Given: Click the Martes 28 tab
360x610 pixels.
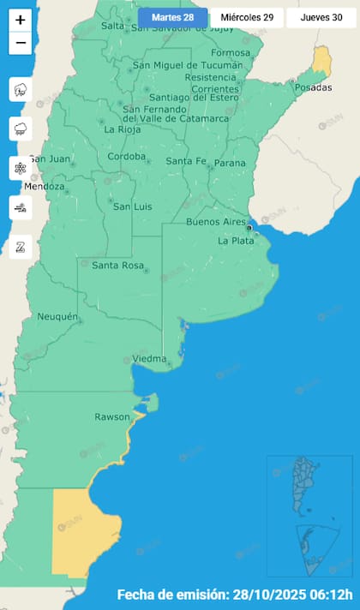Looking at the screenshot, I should [x=172, y=17].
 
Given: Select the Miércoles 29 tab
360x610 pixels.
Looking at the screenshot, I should [x=246, y=17].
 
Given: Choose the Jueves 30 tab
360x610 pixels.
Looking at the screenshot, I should [x=321, y=17].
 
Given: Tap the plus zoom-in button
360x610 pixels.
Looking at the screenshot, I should [x=21, y=20].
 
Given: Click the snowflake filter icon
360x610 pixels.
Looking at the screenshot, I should [x=21, y=168].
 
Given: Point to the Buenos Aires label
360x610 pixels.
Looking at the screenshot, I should [x=215, y=222].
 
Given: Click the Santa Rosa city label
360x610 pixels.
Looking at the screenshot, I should [x=117, y=266].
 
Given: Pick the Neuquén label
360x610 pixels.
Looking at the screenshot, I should [x=57, y=317].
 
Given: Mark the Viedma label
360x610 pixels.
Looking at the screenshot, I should [x=149, y=358].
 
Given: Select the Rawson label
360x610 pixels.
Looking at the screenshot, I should [x=111, y=417].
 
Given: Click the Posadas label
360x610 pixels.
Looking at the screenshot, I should [x=312, y=88].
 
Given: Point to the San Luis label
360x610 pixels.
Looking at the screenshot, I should [x=133, y=206].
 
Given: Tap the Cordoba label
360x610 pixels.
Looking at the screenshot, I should [x=127, y=158].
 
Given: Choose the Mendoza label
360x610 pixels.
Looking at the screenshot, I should [x=45, y=187].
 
